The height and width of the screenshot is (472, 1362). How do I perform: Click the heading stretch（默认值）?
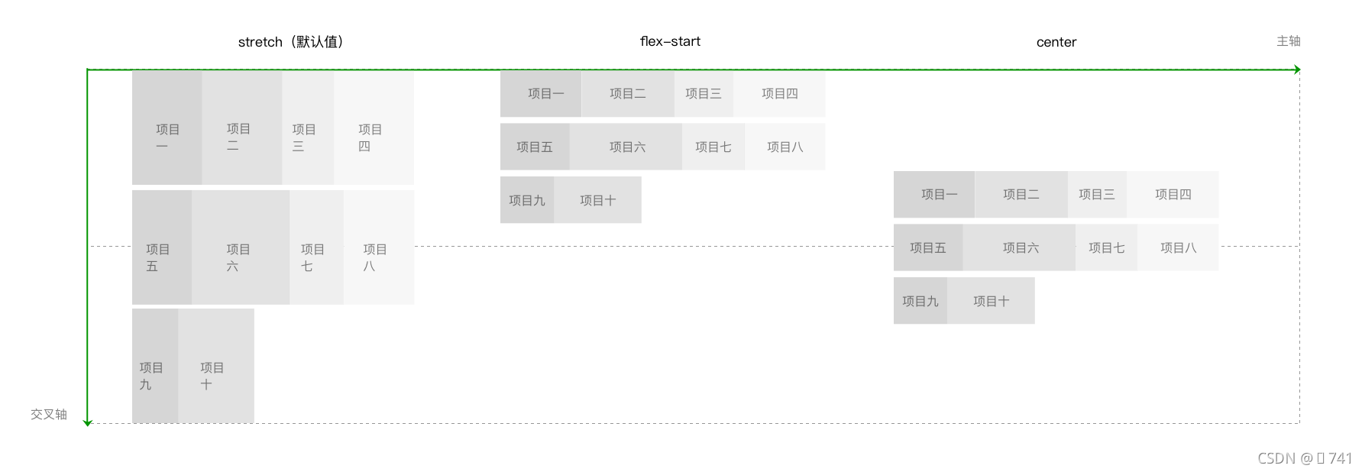[x=291, y=42]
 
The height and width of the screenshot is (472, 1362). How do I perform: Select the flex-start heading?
[x=670, y=41]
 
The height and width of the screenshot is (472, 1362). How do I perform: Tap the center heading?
[x=1056, y=42]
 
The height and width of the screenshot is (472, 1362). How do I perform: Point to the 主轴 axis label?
[x=1288, y=41]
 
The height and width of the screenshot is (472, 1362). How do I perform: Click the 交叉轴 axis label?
[x=49, y=414]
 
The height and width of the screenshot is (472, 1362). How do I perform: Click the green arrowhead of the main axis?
[x=1296, y=70]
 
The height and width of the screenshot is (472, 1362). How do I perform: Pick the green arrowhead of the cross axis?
[x=87, y=421]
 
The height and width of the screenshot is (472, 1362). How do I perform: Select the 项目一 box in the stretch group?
[x=167, y=128]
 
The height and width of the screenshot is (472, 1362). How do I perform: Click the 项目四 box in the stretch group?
[x=374, y=128]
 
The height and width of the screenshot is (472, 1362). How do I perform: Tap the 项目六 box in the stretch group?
[x=240, y=248]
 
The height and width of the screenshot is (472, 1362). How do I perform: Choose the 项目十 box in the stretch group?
[x=215, y=367]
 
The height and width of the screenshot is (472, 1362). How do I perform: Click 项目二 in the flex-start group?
[x=627, y=94]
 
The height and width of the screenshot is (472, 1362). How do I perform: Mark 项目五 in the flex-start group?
[x=534, y=147]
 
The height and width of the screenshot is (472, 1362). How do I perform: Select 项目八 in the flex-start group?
[x=785, y=147]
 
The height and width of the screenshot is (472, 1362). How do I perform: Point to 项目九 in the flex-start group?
[x=527, y=200]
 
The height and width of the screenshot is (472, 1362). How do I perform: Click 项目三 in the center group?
[x=1096, y=195]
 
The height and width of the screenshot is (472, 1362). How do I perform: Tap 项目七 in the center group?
[x=1106, y=247]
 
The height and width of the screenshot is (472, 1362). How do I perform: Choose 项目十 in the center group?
[x=991, y=301]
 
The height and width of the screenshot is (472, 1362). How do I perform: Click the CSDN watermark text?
[x=1304, y=458]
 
